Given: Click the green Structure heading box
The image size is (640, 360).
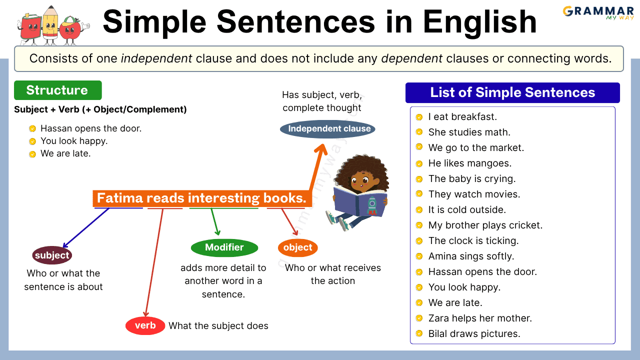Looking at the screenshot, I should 57,90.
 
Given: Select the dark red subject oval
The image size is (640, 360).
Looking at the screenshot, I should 52,255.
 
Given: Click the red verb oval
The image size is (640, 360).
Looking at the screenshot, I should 145,325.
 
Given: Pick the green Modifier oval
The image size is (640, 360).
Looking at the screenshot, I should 224,247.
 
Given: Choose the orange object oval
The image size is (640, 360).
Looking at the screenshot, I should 297,247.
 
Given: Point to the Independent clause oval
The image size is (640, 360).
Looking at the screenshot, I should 327,129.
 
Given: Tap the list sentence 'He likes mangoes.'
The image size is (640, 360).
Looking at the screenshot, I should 469,163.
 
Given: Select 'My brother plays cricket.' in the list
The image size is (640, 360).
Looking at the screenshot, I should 485,225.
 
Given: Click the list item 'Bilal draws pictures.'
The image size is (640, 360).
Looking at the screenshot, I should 474,334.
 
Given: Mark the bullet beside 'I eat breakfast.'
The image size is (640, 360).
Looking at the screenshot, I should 419,117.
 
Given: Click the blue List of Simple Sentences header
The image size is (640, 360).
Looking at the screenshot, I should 512,92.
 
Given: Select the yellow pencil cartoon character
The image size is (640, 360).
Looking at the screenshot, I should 50,25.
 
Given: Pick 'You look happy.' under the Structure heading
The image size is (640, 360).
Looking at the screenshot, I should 74,141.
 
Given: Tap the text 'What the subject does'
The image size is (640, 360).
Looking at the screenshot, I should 218,326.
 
